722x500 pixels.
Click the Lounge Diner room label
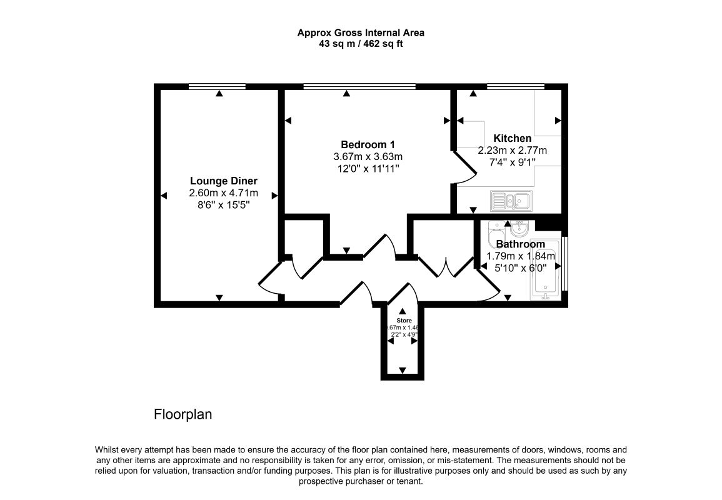[223, 181]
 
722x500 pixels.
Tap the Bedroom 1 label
[368, 144]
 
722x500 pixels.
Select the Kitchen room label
[512, 138]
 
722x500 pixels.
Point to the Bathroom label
[520, 244]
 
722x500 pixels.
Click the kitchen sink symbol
[511, 201]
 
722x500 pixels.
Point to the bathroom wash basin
[519, 226]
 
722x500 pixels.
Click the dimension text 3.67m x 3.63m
[368, 156]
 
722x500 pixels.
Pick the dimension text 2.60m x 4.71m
[223, 194]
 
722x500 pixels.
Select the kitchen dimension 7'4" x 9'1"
[512, 162]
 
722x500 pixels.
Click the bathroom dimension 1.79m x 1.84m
[520, 256]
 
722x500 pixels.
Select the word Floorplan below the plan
[183, 414]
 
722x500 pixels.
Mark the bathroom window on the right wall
[564, 263]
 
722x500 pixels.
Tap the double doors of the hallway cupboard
[445, 266]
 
